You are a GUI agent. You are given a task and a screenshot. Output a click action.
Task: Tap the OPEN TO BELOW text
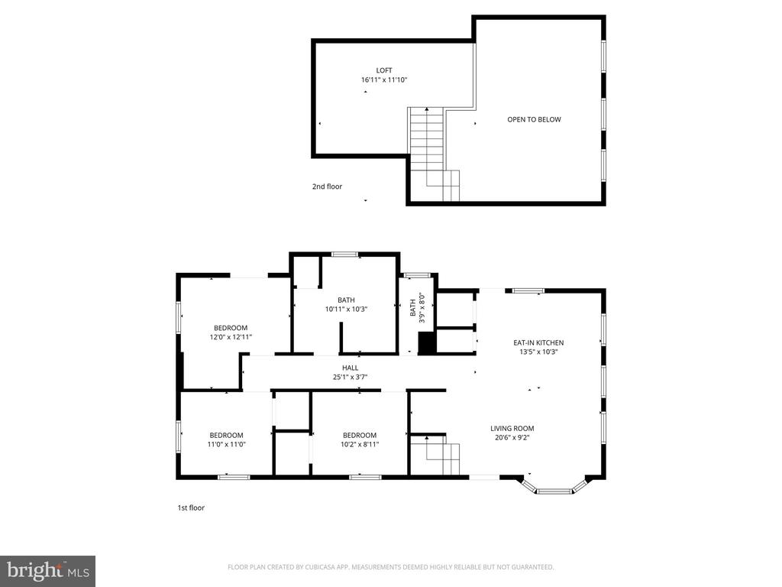point(535,119)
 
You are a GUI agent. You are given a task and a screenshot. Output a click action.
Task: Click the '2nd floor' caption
point(327,186)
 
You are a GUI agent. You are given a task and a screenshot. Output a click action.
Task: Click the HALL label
point(351,368)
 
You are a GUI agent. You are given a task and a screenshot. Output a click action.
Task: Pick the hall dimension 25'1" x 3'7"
point(351,377)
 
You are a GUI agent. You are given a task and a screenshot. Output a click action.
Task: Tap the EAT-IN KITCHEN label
point(538,342)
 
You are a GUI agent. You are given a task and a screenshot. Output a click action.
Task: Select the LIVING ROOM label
point(512,428)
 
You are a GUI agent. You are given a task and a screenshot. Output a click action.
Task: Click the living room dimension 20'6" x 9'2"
point(512,438)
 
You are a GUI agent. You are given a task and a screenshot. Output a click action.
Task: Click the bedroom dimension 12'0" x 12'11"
point(231,337)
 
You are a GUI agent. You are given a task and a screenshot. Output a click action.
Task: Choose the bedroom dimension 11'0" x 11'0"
point(227,444)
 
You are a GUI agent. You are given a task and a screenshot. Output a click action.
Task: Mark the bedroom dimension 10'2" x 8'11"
point(360,444)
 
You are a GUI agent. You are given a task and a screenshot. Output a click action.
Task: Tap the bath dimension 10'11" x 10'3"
point(347,309)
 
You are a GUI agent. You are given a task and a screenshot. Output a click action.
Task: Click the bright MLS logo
point(47,570)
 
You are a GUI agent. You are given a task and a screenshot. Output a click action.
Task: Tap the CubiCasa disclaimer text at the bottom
point(390,567)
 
